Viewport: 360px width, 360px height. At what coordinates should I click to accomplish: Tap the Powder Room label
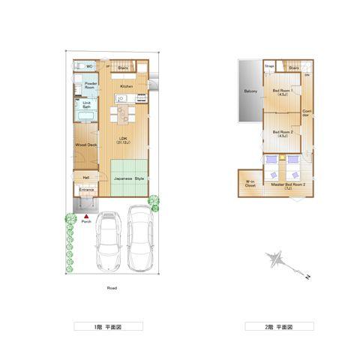pyautogui.click(x=90, y=85)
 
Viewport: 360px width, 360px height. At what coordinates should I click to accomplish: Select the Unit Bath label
pyautogui.click(x=87, y=105)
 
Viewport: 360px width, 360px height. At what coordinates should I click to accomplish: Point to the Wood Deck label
pyautogui.click(x=86, y=145)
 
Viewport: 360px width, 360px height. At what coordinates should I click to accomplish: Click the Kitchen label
pyautogui.click(x=126, y=86)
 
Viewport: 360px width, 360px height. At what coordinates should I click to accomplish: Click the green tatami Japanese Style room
pyautogui.click(x=130, y=178)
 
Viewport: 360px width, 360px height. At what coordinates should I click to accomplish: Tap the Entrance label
pyautogui.click(x=87, y=190)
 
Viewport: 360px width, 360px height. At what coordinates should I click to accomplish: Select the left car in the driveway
pyautogui.click(x=109, y=241)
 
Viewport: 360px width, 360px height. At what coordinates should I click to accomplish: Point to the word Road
pyautogui.click(x=111, y=288)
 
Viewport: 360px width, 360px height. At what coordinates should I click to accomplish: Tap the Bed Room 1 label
pyautogui.click(x=283, y=93)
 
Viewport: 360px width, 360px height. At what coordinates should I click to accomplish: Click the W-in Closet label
pyautogui.click(x=250, y=183)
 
